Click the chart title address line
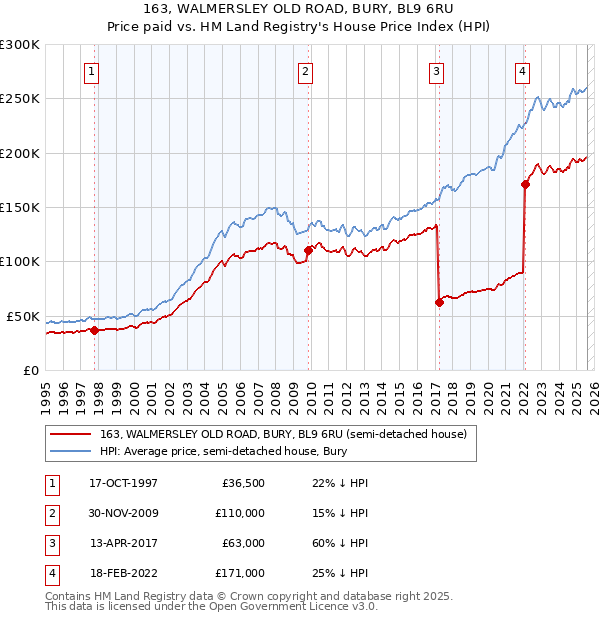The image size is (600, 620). click(x=299, y=9)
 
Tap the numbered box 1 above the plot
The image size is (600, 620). click(x=91, y=71)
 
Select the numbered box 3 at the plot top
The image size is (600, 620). click(x=437, y=71)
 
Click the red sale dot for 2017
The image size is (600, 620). click(x=439, y=302)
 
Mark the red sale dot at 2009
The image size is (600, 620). click(x=308, y=251)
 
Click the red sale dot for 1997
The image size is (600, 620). click(x=94, y=330)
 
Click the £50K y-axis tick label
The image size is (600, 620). click(x=23, y=316)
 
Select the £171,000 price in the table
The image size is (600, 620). click(x=240, y=573)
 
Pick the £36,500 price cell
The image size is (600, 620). click(x=243, y=483)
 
